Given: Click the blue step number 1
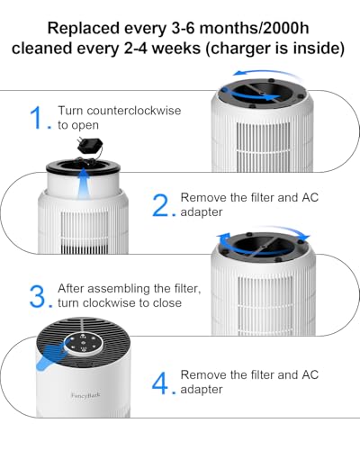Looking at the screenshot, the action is pos(37,118).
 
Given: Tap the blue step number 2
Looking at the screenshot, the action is pos(162,205).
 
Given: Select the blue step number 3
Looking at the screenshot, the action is pos(39,297).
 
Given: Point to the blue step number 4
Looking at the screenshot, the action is pos(160,383).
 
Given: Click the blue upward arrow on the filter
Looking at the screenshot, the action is pos(84,184).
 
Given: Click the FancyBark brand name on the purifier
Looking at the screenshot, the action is pos(85,396).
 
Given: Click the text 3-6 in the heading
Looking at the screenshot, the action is pos(183,29).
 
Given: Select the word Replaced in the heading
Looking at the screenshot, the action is pos(84,29).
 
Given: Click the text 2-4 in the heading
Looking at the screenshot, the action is pos(135,49).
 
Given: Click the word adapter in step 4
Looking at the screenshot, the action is pos(202,390).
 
